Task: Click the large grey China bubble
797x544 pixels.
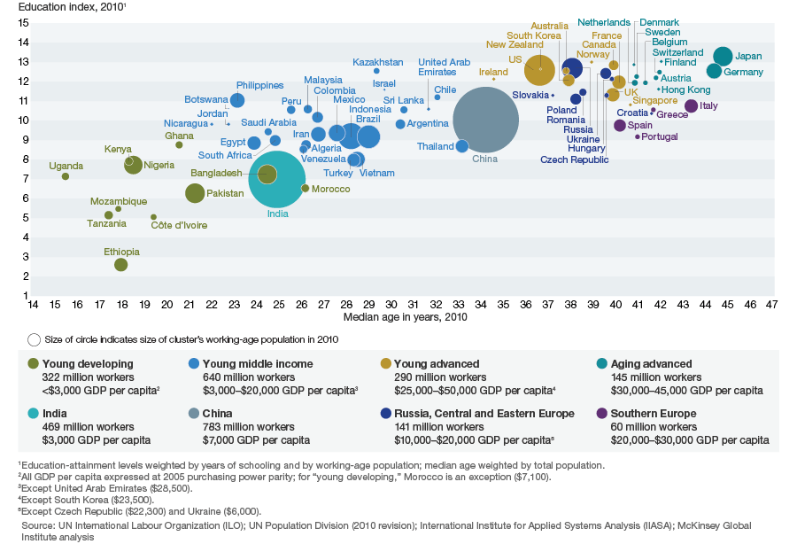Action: pyautogui.click(x=485, y=120)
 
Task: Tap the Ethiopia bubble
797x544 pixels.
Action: pyautogui.click(x=121, y=265)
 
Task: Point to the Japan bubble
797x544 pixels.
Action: pyautogui.click(x=723, y=57)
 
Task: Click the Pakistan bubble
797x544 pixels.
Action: pyautogui.click(x=195, y=193)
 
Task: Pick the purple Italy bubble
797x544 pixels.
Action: pyautogui.click(x=692, y=106)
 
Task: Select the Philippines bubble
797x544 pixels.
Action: pyautogui.click(x=237, y=100)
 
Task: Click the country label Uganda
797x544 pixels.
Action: pyautogui.click(x=66, y=166)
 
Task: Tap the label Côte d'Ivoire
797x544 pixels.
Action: pyautogui.click(x=178, y=225)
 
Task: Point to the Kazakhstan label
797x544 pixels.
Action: pyautogui.click(x=377, y=62)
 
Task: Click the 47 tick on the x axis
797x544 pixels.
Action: pyautogui.click(x=772, y=305)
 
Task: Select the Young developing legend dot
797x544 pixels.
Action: pyautogui.click(x=34, y=363)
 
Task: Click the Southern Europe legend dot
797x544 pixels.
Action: pyautogui.click(x=602, y=413)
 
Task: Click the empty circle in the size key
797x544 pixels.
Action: pyautogui.click(x=34, y=339)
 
